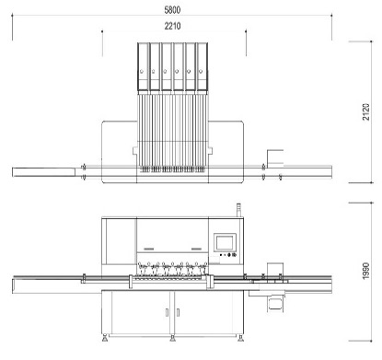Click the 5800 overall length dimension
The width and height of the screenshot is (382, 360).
tap(172, 10)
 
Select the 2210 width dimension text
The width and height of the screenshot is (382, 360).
tap(172, 26)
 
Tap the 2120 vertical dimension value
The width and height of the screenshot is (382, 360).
tap(366, 112)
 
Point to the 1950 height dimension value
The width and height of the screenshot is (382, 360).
tap(366, 271)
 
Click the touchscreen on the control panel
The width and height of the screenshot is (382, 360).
tap(225, 243)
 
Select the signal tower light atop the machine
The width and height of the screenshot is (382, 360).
tap(238, 210)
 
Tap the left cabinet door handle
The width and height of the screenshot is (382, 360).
tap(167, 312)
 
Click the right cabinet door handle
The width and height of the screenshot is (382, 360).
tap(178, 312)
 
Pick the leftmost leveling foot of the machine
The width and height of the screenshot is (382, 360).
tap(105, 338)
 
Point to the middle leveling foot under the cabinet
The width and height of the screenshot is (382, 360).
tap(172, 338)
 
